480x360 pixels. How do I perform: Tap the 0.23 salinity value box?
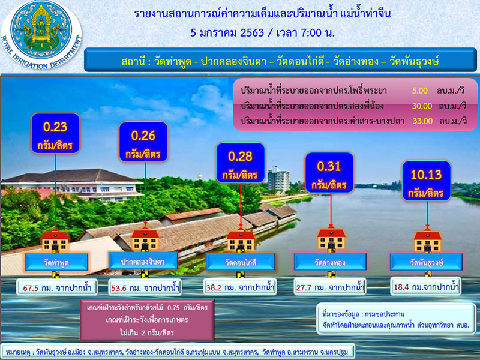pos(55,134)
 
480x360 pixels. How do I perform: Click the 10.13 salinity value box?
pos(425,183)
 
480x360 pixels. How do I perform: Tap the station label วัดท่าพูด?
pos(57,262)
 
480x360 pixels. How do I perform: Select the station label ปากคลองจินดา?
pos(143,261)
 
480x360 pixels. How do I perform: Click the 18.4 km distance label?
pos(425,287)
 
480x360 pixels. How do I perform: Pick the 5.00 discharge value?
pos(419,91)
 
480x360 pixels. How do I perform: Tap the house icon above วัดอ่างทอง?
pos(329,239)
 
